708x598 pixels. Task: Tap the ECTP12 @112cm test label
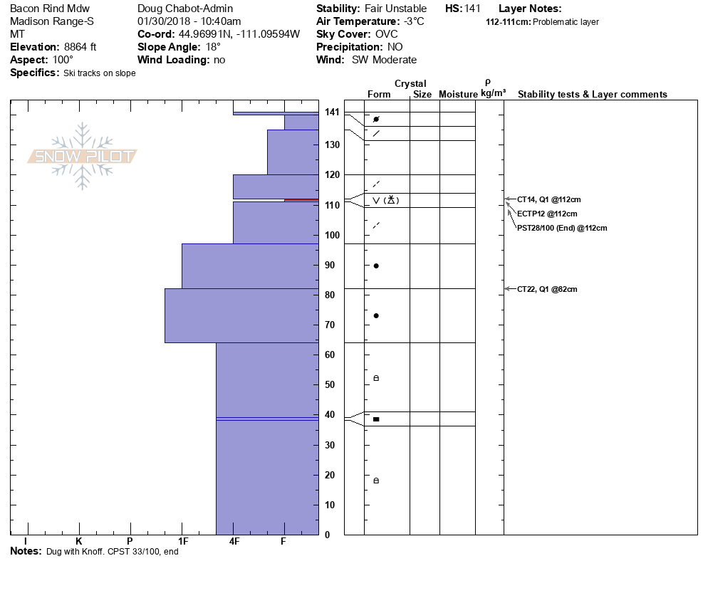pos(546,214)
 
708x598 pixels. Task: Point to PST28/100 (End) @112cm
pos(563,228)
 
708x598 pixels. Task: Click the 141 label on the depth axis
pos(332,112)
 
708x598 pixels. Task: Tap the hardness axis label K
pos(79,542)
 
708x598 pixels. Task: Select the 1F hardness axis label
pos(182,542)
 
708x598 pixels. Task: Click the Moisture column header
pos(458,95)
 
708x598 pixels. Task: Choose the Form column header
pos(379,95)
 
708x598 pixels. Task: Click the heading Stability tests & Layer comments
pos(592,95)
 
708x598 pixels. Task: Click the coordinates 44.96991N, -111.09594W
pos(238,34)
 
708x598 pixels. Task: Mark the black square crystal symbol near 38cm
pos(376,419)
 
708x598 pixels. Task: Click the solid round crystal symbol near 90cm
pos(376,266)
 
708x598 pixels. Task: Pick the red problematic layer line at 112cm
pos(301,200)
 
